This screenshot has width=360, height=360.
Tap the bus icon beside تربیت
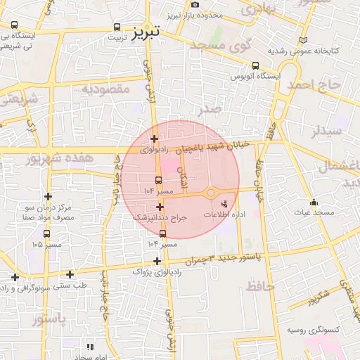click(116, 28)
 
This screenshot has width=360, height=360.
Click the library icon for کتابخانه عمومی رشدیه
click(303, 41)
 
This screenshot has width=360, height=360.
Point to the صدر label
click(210, 110)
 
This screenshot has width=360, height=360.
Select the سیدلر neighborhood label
click(328, 131)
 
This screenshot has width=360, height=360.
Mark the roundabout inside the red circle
click(211, 192)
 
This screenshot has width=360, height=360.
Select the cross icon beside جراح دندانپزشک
click(161, 207)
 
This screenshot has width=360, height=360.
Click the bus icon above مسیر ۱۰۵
click(47, 234)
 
